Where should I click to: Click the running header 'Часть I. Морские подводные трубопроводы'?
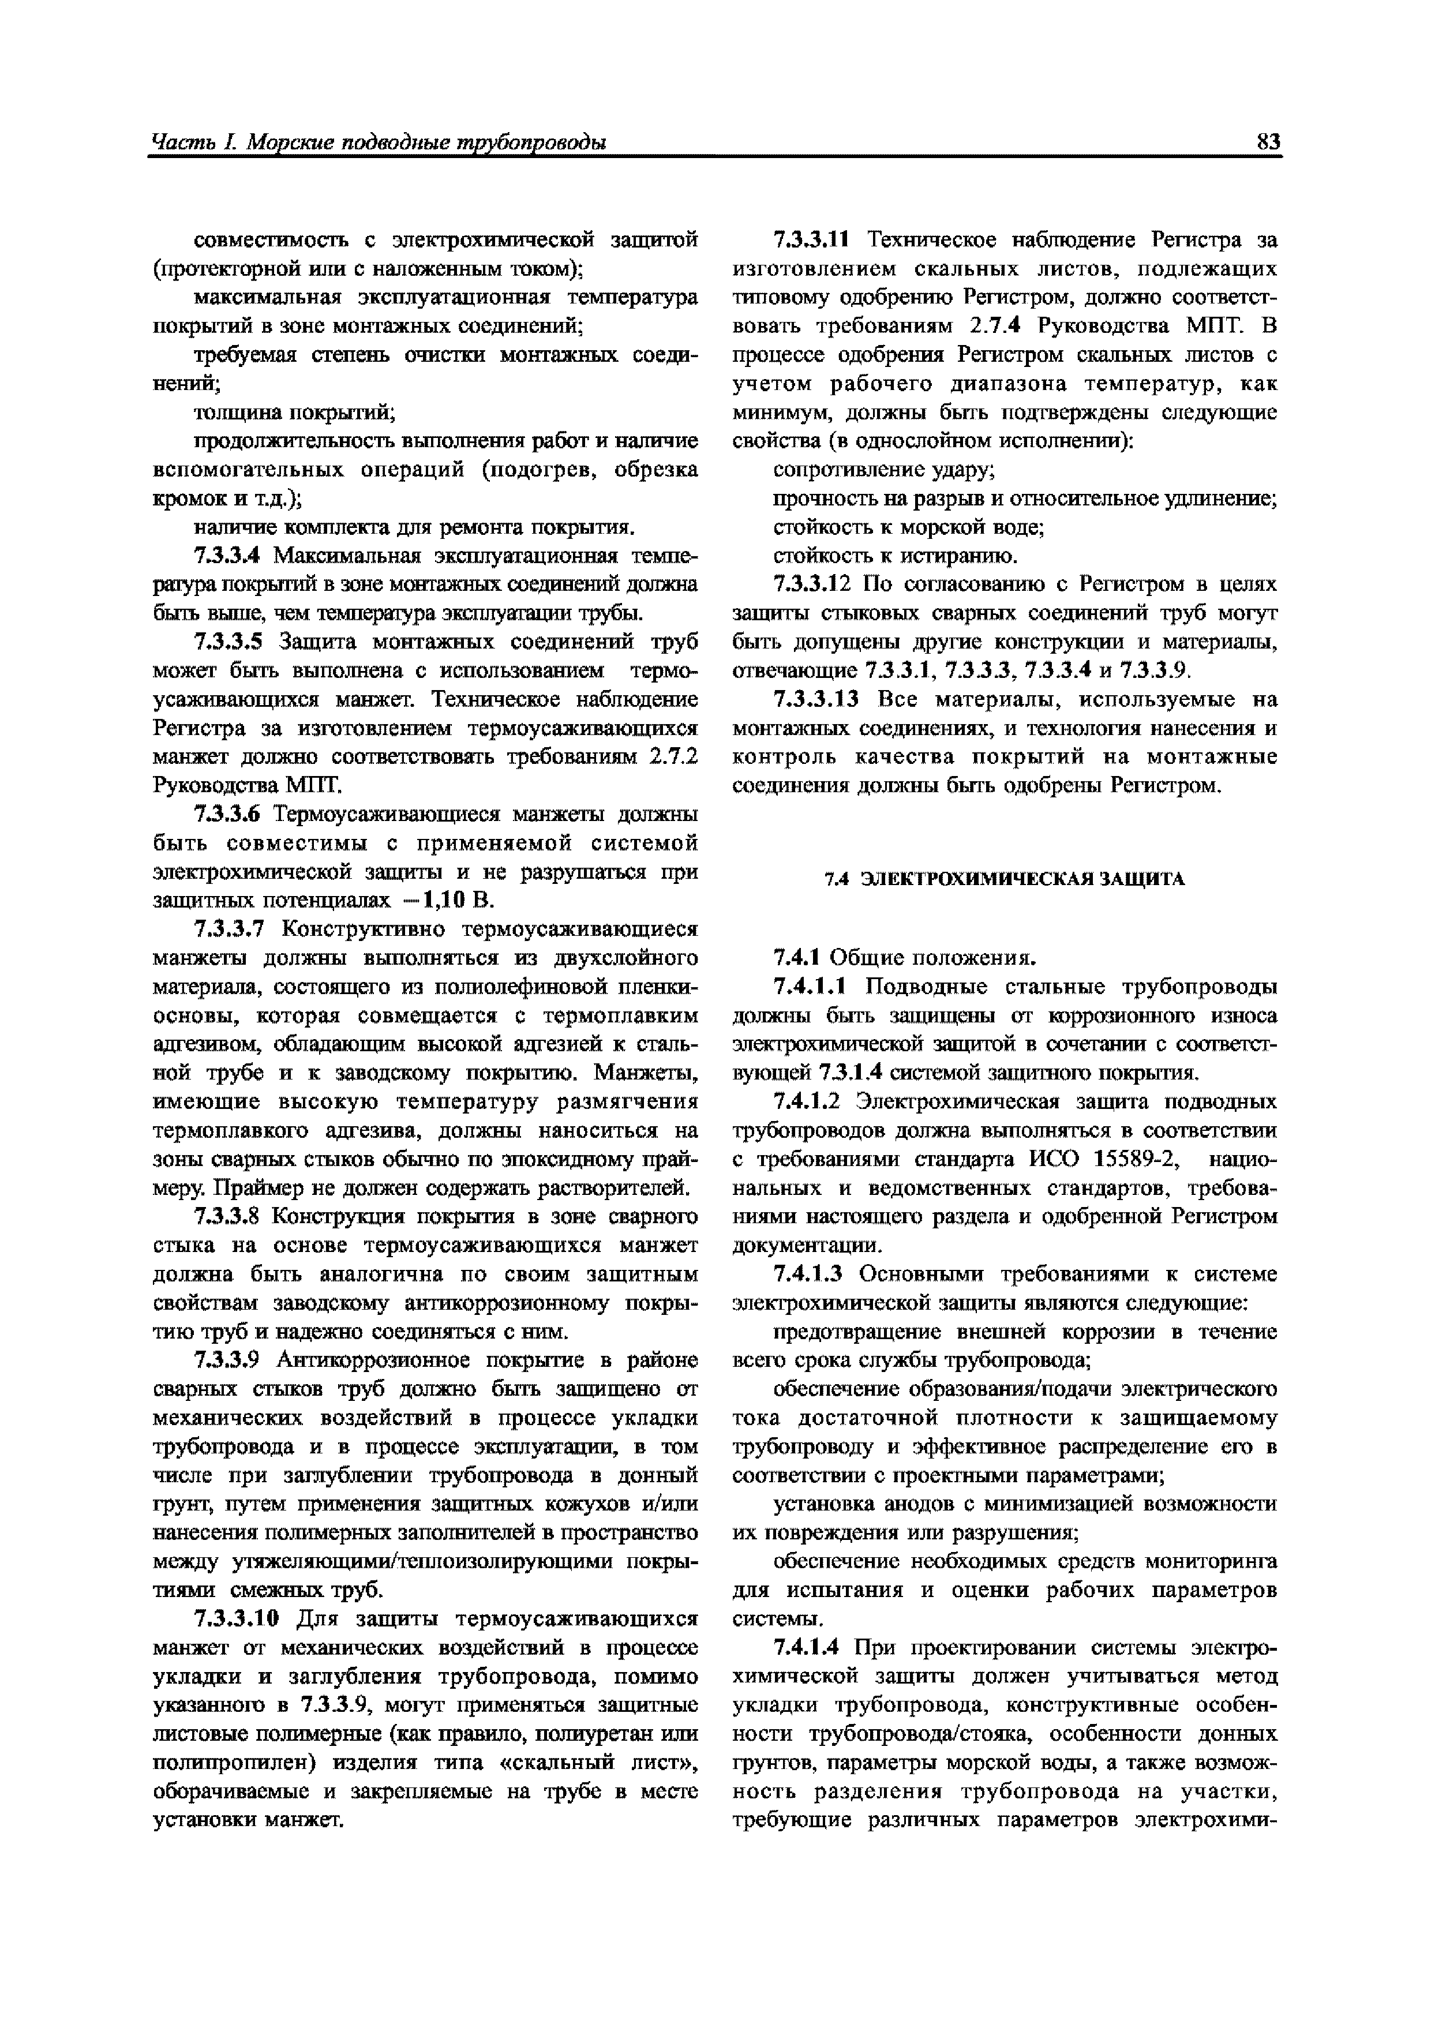(379, 143)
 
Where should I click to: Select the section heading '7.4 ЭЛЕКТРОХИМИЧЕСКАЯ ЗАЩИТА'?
(1004, 879)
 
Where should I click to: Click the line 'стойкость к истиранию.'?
(895, 556)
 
